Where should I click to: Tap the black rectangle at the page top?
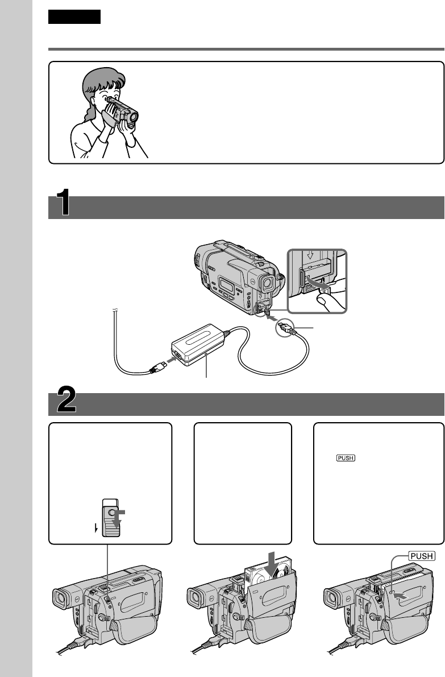(x=74, y=16)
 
